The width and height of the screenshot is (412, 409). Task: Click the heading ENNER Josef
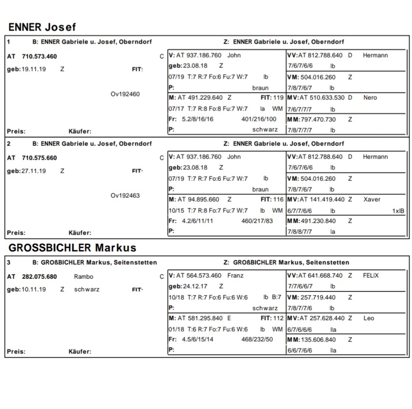click(x=42, y=27)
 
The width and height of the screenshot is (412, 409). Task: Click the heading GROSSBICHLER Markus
click(x=72, y=248)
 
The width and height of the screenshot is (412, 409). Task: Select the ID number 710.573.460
click(x=39, y=56)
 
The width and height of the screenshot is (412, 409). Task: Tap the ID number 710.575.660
click(x=39, y=158)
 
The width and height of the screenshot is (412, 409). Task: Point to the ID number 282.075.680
click(x=39, y=277)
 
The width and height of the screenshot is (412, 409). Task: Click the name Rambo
click(x=83, y=277)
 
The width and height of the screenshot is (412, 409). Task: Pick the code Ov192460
click(x=125, y=94)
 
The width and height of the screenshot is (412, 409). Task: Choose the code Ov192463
click(x=125, y=195)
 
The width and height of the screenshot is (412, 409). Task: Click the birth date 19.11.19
click(x=33, y=70)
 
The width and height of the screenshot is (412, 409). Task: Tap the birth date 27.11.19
click(x=33, y=171)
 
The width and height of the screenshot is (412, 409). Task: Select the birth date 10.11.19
click(x=33, y=289)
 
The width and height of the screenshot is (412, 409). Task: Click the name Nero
click(x=370, y=98)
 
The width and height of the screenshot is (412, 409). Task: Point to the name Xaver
click(x=372, y=199)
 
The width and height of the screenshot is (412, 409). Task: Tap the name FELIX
click(x=371, y=275)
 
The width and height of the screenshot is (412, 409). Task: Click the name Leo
click(x=369, y=318)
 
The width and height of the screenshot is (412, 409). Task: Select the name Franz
click(x=235, y=275)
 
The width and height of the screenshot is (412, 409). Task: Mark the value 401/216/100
click(x=259, y=119)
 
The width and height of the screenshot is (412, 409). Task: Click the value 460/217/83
click(x=257, y=221)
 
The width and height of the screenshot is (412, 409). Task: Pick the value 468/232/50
click(x=257, y=339)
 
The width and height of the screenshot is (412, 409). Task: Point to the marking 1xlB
click(x=398, y=211)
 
